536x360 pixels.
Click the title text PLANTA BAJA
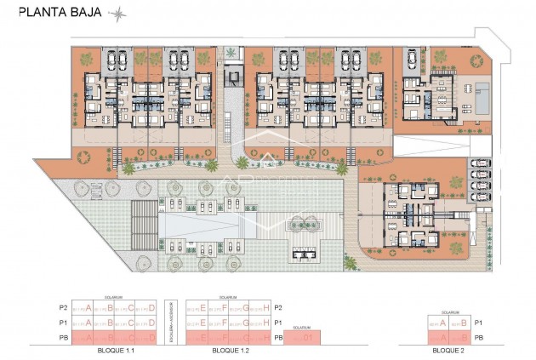click(x=54, y=13)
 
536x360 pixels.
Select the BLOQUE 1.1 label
click(x=116, y=350)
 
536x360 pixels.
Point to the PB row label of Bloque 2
click(x=480, y=338)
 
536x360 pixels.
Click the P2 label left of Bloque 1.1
click(x=61, y=307)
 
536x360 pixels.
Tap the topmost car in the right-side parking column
click(x=480, y=162)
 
